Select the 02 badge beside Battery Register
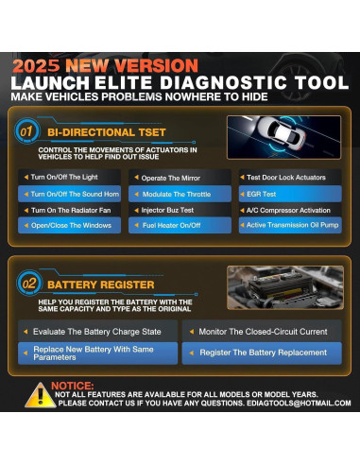(x=30, y=282)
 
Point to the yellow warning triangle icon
(x=39, y=394)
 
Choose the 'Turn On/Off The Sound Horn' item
(x=72, y=194)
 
